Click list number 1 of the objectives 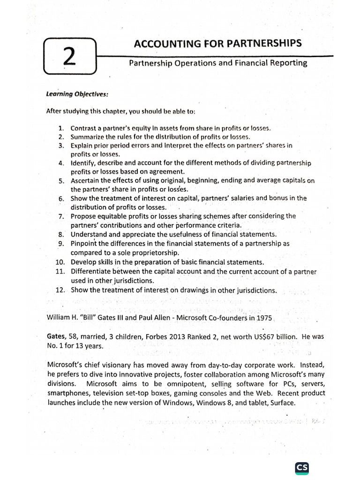(61, 128)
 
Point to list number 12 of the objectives (60, 290)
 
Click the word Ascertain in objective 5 (86, 180)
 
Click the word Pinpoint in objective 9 (84, 243)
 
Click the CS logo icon (302, 455)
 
